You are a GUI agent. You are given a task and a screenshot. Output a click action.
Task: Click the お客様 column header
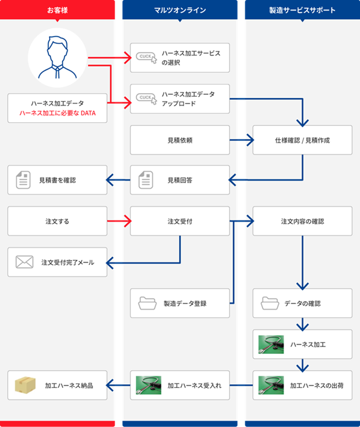[x=57, y=10]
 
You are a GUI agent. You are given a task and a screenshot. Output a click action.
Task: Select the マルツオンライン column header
[x=180, y=10]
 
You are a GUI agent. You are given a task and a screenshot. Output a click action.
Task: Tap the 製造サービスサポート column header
[x=302, y=10]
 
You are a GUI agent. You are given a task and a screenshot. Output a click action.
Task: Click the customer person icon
[x=58, y=58]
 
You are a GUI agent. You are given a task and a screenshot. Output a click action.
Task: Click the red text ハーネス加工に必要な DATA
[x=58, y=113]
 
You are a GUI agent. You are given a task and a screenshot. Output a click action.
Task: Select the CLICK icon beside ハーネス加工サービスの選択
[x=146, y=58]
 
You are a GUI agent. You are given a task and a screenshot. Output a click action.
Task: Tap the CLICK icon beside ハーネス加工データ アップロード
[x=146, y=99]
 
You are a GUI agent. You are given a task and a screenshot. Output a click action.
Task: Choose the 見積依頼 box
[x=180, y=140]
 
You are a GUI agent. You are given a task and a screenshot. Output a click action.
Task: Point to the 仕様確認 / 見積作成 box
[x=302, y=140]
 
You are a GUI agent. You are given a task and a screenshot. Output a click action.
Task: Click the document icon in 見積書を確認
[x=23, y=180]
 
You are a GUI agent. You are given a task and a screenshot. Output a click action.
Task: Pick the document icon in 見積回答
[x=146, y=180]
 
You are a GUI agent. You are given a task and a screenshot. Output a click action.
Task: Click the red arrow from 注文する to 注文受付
[x=119, y=221]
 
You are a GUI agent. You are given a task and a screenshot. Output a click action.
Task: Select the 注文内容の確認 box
[x=302, y=221]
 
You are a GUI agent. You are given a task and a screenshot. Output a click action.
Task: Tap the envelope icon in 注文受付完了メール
[x=24, y=262]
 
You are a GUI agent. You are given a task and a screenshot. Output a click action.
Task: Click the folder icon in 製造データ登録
[x=147, y=303]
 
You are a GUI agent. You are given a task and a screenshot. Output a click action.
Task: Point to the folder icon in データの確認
[x=270, y=303]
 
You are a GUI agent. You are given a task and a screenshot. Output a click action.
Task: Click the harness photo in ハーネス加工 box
[x=271, y=344]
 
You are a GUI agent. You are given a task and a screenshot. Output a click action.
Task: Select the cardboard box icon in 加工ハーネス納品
[x=25, y=385]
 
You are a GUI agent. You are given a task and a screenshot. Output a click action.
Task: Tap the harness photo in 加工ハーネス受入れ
[x=148, y=385]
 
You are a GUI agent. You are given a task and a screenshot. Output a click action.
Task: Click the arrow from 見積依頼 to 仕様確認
[x=242, y=140]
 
